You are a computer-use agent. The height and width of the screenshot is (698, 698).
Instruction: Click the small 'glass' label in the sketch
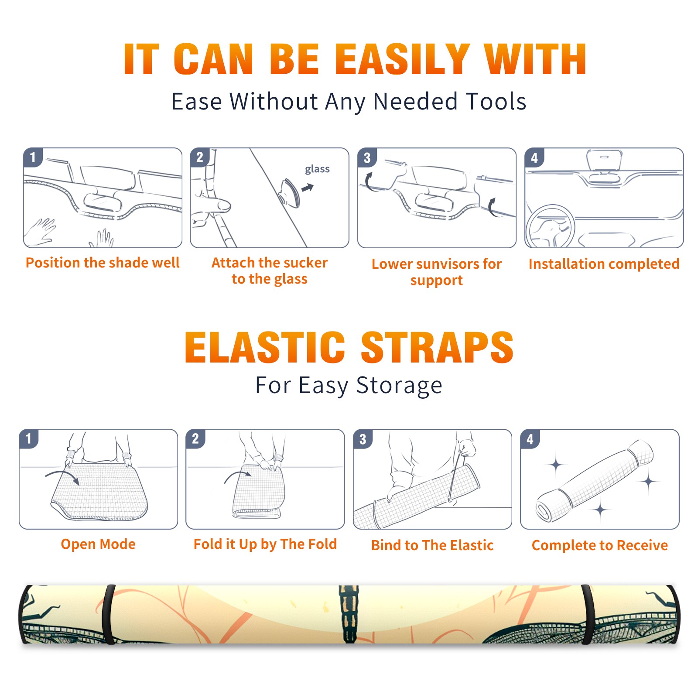pyautogui.click(x=317, y=169)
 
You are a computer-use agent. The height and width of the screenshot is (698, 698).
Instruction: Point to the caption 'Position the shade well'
pyautogui.click(x=103, y=263)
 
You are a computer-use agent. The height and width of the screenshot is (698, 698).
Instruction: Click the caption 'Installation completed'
pyautogui.click(x=604, y=264)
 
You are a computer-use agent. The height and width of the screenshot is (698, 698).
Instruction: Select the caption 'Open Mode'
pyautogui.click(x=98, y=544)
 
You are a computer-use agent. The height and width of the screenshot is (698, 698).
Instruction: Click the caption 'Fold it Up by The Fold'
pyautogui.click(x=265, y=544)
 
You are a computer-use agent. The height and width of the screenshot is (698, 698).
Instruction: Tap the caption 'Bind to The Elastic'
pyautogui.click(x=432, y=545)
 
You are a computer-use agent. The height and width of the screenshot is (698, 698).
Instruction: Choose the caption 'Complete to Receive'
pyautogui.click(x=600, y=545)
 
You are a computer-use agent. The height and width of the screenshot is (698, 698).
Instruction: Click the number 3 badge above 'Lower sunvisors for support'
pyautogui.click(x=367, y=157)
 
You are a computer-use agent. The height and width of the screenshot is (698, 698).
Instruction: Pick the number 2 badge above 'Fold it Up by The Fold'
pyautogui.click(x=195, y=438)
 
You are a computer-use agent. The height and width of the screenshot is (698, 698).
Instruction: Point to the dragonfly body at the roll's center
pyautogui.click(x=349, y=614)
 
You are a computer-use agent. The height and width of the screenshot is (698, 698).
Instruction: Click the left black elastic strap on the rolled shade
pyautogui.click(x=108, y=614)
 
